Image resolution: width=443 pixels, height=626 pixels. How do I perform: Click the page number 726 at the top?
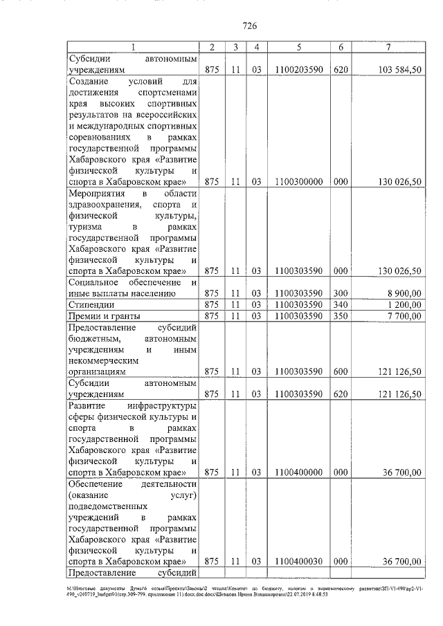point(250,26)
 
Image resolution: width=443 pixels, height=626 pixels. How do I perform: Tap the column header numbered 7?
point(390,47)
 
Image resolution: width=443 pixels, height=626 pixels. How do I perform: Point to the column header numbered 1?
point(133,47)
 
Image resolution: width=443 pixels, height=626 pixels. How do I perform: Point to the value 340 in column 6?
point(340,304)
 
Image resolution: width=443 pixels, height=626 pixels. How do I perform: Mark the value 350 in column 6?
point(340,316)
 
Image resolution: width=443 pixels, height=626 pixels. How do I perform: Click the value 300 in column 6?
point(340,293)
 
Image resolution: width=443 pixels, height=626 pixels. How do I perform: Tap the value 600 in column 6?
point(340,371)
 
